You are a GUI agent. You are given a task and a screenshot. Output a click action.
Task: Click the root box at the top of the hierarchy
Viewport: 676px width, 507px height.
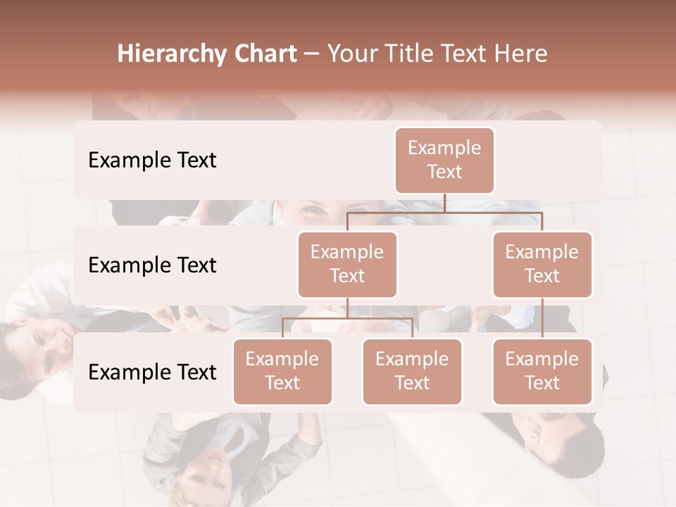[444, 160]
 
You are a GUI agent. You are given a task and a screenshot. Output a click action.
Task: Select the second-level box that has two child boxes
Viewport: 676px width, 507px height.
[347, 264]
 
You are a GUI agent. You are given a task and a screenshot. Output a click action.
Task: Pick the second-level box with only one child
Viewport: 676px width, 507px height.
[542, 264]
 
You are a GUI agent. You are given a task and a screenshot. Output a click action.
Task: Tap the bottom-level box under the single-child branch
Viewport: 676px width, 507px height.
[542, 371]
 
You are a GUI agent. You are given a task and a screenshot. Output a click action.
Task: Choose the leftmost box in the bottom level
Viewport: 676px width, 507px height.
[282, 371]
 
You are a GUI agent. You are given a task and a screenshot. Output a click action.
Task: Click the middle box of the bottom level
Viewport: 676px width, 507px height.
[412, 371]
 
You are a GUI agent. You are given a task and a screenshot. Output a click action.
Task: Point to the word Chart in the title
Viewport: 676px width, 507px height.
[261, 54]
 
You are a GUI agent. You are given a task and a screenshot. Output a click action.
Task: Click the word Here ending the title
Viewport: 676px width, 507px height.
[521, 54]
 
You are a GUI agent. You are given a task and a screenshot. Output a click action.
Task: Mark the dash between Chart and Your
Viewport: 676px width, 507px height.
[313, 54]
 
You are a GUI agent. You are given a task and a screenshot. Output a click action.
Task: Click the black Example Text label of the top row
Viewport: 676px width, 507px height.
[152, 161]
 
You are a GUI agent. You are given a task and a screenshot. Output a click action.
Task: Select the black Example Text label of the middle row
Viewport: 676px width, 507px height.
[152, 265]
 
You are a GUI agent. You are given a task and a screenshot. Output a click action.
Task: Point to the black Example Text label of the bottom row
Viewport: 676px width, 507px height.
[152, 372]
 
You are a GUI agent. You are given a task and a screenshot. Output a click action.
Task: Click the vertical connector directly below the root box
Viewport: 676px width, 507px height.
[444, 203]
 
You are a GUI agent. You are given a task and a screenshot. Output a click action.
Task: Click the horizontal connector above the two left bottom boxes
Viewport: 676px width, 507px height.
[347, 318]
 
